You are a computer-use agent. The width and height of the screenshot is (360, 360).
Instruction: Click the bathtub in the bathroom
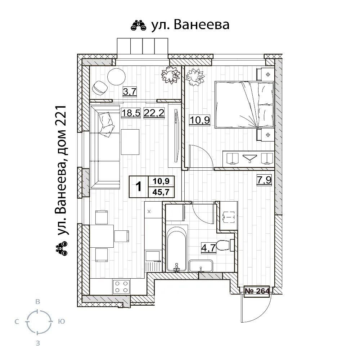(x=176, y=249)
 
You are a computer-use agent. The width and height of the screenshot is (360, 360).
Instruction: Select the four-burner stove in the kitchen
(x=121, y=287)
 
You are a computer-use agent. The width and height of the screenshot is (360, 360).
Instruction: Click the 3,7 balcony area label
(x=130, y=91)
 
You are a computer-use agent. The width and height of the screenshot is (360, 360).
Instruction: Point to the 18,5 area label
(x=131, y=113)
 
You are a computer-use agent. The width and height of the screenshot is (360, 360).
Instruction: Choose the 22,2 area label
(x=154, y=113)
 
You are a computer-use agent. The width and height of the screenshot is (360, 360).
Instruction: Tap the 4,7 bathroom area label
(x=208, y=248)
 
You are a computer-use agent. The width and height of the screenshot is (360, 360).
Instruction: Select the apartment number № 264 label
(x=257, y=291)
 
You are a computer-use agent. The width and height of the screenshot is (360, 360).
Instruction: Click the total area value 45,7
(x=161, y=192)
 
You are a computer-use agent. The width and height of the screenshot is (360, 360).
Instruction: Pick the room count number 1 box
(x=139, y=186)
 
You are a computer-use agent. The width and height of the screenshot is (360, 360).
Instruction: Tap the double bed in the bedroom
(x=244, y=104)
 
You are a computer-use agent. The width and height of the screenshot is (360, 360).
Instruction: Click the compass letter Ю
(x=62, y=321)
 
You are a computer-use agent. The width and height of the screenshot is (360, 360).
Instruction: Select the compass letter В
(x=38, y=302)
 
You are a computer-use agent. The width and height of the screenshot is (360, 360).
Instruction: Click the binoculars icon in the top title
(x=139, y=25)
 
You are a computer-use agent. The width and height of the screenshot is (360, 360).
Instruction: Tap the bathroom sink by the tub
(x=201, y=266)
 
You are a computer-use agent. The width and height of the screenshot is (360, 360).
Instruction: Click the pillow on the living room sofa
(x=106, y=125)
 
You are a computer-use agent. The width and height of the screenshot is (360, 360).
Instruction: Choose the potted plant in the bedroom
(x=195, y=77)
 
